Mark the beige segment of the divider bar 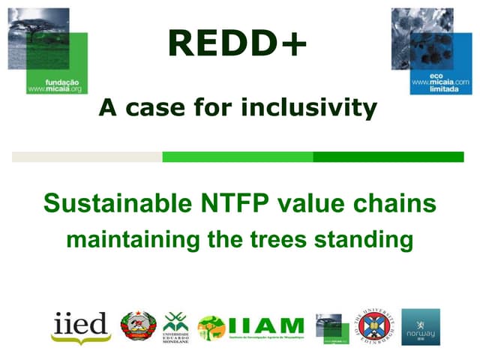coord(87,157)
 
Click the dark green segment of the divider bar coord(388,157)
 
